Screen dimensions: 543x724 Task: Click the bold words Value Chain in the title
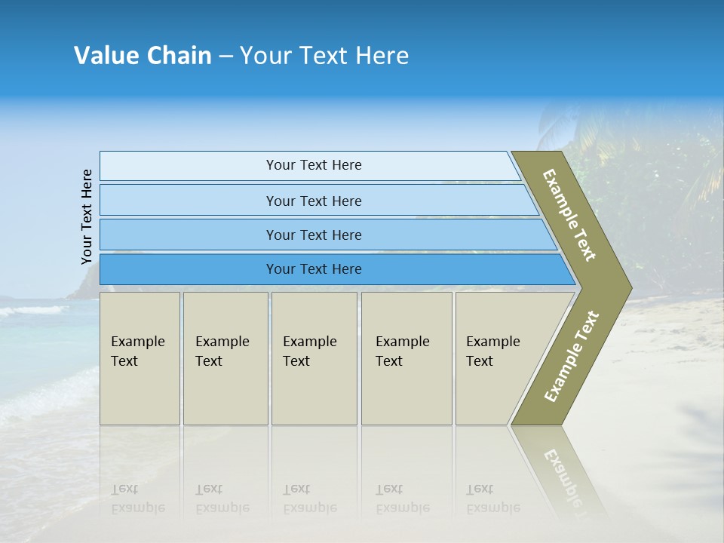tap(143, 56)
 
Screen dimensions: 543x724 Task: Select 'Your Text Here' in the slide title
tap(324, 56)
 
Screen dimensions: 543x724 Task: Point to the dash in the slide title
tap(225, 57)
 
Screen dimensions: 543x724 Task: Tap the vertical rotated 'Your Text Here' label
tap(87, 216)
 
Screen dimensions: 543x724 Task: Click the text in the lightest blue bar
tap(314, 165)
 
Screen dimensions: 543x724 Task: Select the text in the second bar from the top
tap(314, 201)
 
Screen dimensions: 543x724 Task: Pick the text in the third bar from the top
tap(314, 235)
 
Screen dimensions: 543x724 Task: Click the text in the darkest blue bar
tap(314, 268)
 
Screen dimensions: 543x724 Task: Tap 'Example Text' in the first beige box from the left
tap(137, 351)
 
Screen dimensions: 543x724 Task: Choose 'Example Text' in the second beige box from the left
tap(222, 351)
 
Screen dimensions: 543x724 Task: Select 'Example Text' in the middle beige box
tap(309, 351)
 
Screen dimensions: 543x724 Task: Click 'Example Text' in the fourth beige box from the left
tap(402, 351)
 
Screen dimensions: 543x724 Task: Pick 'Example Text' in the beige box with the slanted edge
tap(492, 351)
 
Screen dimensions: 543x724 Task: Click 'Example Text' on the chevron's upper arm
tap(569, 215)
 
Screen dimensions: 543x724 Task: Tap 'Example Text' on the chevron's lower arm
tap(571, 357)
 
